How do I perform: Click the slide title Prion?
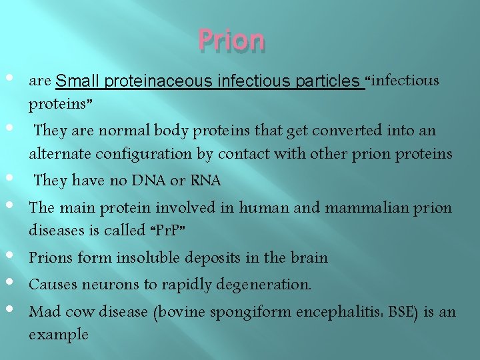(x=231, y=41)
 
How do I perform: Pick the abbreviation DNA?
(x=149, y=180)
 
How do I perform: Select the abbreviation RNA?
(x=205, y=180)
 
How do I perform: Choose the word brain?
(x=309, y=257)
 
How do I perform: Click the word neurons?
(x=105, y=285)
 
